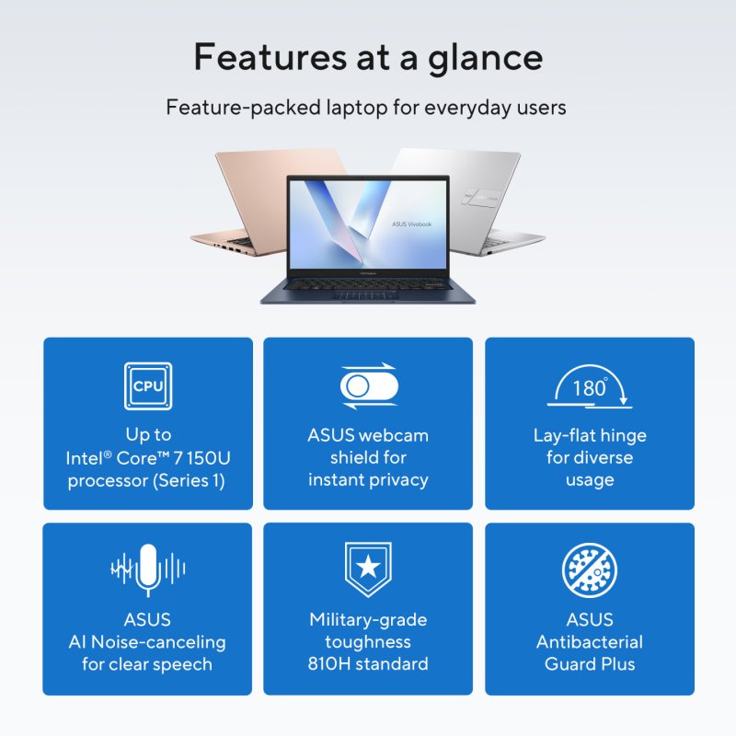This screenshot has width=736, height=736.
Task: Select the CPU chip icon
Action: pyautogui.click(x=148, y=386)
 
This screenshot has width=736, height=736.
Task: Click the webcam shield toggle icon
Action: pyautogui.click(x=368, y=386)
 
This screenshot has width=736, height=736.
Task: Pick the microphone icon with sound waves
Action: pyautogui.click(x=147, y=570)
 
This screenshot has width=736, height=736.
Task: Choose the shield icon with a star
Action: pyautogui.click(x=368, y=568)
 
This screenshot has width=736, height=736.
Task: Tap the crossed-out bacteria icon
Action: pyautogui.click(x=589, y=570)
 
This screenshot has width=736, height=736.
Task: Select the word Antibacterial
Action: pyautogui.click(x=590, y=642)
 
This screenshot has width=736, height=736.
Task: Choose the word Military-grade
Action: pyautogui.click(x=368, y=620)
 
